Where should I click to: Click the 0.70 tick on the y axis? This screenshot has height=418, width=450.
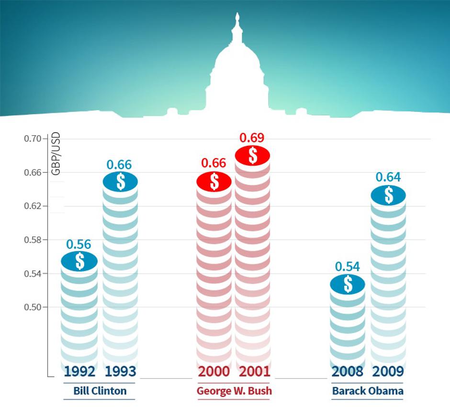(x=33, y=139)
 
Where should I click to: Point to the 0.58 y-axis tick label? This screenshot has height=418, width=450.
(x=33, y=240)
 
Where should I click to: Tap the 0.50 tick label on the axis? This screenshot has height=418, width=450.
(x=33, y=307)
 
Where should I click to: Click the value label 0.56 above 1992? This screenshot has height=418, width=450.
(x=79, y=244)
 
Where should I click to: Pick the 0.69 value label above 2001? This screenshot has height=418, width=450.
(x=252, y=138)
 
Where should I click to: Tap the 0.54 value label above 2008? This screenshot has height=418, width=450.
(x=348, y=267)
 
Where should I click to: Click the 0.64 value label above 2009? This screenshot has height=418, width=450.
(x=388, y=177)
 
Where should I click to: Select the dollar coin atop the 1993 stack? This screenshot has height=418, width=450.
(x=121, y=182)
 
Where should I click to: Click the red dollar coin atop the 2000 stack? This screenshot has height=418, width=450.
(x=214, y=182)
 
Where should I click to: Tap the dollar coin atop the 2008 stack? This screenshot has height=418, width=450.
(x=348, y=284)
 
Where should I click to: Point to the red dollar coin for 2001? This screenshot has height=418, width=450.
(x=252, y=155)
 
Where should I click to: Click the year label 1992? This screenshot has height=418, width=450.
(x=79, y=372)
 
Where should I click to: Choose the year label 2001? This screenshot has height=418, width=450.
(x=255, y=372)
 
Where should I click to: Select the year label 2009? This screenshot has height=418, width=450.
(x=388, y=372)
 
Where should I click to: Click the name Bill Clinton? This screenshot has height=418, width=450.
(x=100, y=391)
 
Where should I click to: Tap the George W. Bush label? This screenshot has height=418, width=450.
(x=234, y=391)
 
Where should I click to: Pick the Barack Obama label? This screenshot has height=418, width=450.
(x=368, y=391)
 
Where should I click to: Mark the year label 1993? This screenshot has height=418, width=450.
(x=120, y=372)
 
